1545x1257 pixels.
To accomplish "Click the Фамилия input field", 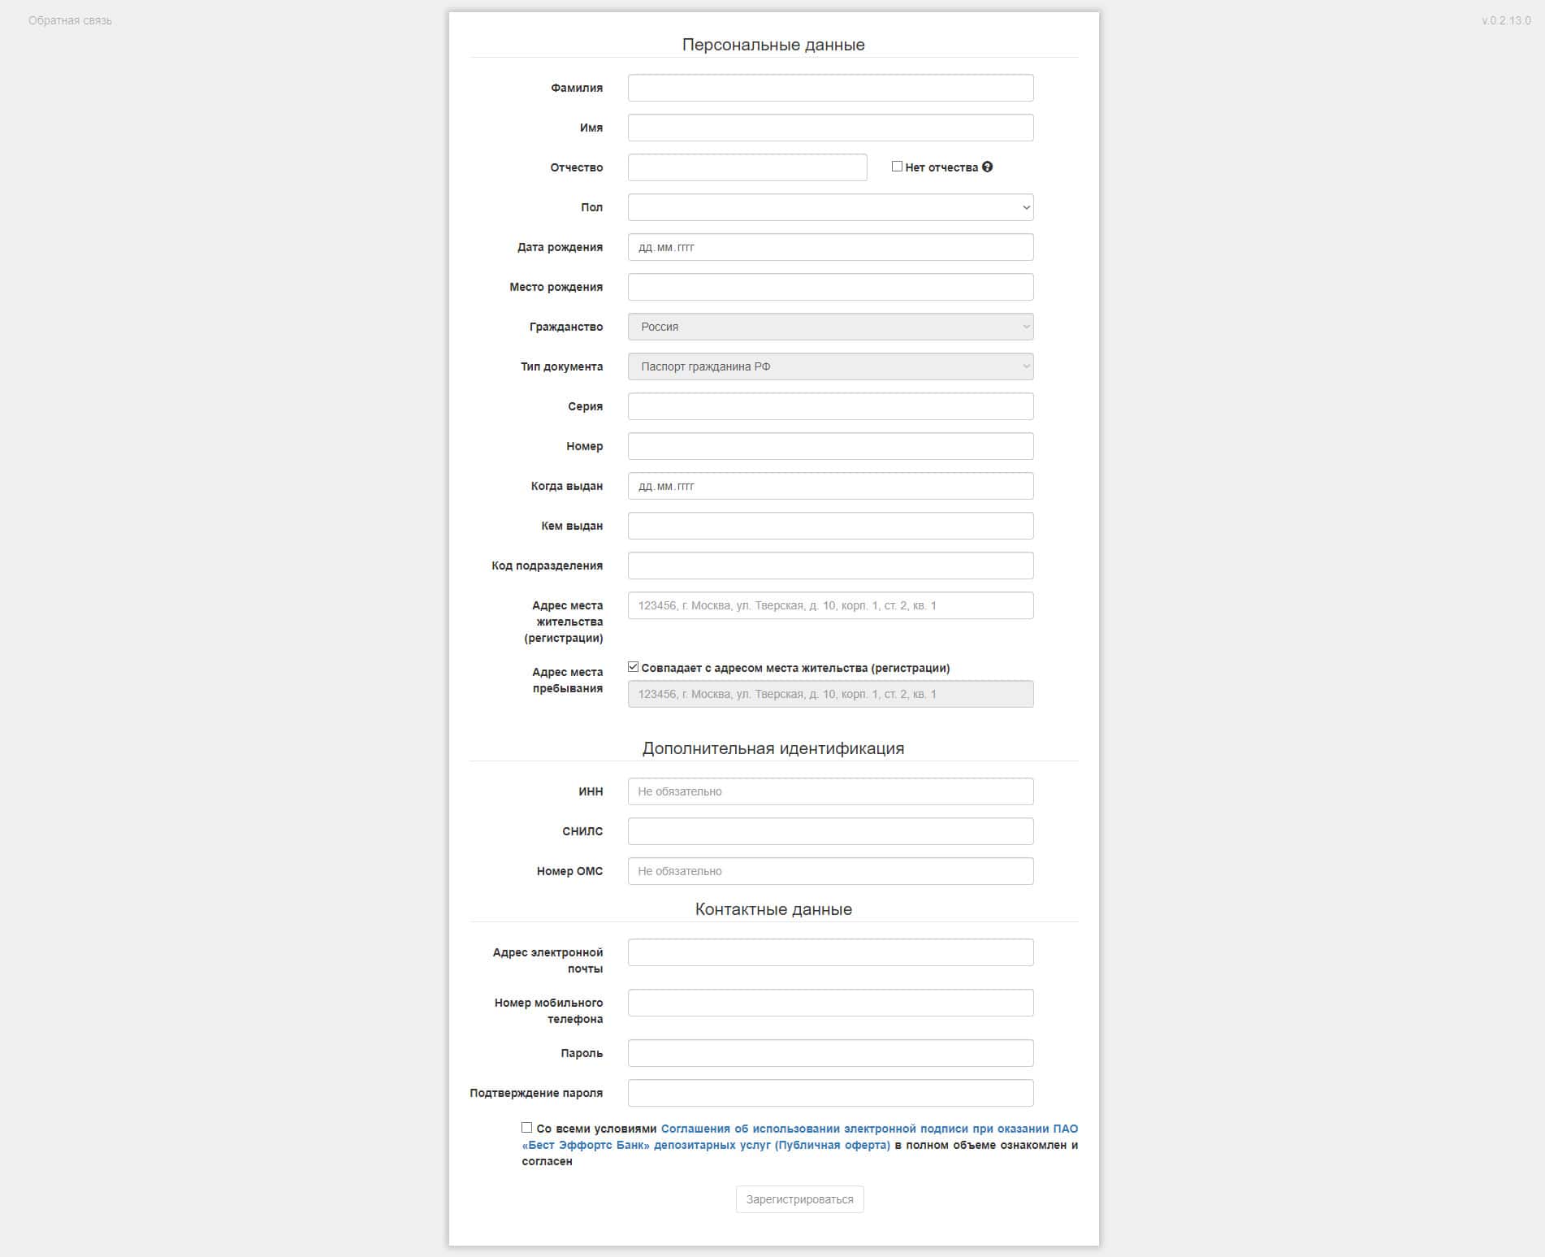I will tap(830, 88).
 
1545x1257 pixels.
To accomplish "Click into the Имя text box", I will tap(830, 128).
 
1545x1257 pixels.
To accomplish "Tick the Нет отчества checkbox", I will tap(897, 167).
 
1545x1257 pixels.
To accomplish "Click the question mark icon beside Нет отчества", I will tap(988, 167).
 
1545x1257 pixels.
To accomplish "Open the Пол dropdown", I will tap(830, 207).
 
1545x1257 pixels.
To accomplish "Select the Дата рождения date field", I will tap(830, 247).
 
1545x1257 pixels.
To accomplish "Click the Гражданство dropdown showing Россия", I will tap(830, 327).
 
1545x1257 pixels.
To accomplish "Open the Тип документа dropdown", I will tap(830, 366).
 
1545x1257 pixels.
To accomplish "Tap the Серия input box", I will tap(830, 406).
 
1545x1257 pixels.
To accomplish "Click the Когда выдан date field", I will tap(830, 486).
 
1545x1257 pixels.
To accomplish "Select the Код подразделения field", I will tap(830, 566).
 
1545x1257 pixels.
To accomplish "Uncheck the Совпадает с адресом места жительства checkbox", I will tap(634, 667).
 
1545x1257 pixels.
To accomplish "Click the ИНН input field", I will tap(830, 791).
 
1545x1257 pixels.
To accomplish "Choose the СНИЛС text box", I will tap(830, 831).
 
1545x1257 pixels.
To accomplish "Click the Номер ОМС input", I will tap(830, 871).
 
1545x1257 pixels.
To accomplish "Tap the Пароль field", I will tap(830, 1053).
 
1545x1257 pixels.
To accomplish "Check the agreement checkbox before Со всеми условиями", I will tap(527, 1128).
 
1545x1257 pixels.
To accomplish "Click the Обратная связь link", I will tap(70, 20).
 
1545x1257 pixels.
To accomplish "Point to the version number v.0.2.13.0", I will tap(1505, 20).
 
